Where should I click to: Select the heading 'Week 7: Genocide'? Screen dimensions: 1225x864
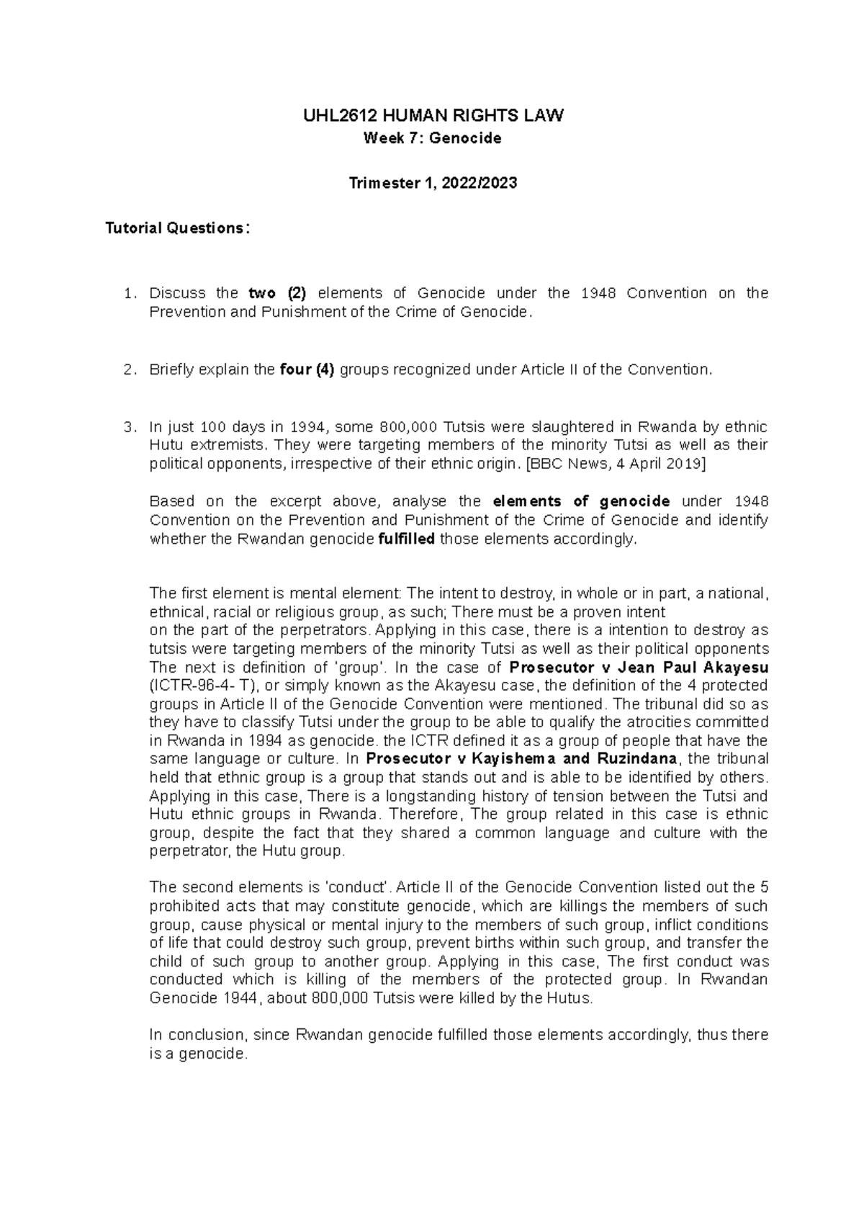pyautogui.click(x=432, y=138)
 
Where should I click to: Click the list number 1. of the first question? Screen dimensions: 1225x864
pyautogui.click(x=130, y=293)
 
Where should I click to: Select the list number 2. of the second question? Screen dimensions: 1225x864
pyautogui.click(x=130, y=369)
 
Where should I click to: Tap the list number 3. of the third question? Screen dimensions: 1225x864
pyautogui.click(x=130, y=426)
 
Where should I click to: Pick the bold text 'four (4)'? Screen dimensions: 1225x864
pyautogui.click(x=307, y=369)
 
